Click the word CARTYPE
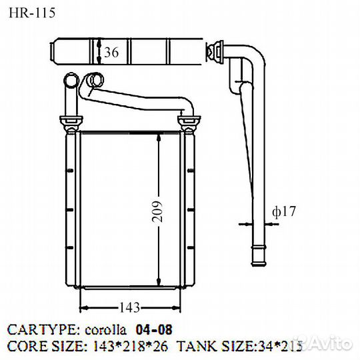(x=42, y=329)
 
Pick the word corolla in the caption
(x=106, y=329)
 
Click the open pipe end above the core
(x=94, y=81)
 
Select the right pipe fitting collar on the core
(x=190, y=123)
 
